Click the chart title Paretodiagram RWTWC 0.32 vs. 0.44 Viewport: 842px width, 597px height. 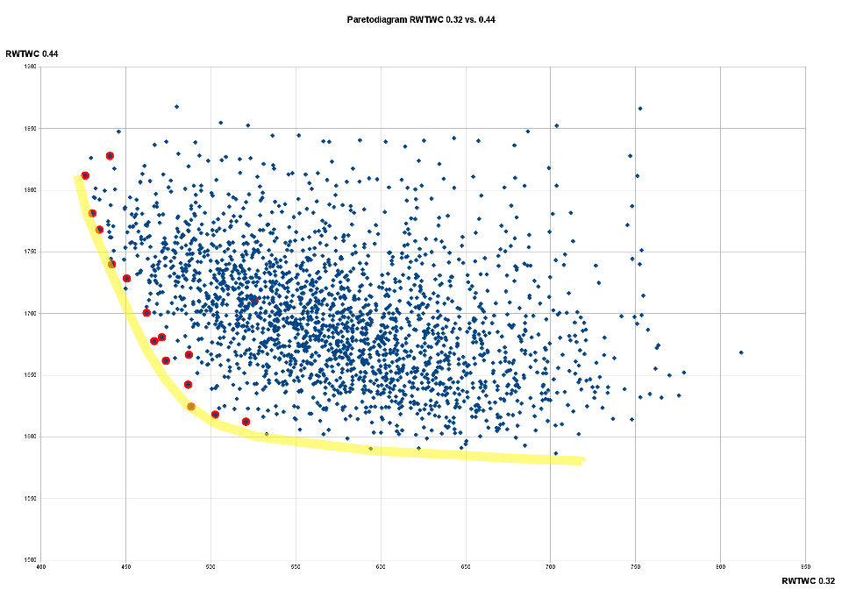420,18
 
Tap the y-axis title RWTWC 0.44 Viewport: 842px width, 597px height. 32,54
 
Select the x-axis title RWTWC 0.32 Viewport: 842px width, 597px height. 809,581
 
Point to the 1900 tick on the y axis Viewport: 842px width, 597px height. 31,67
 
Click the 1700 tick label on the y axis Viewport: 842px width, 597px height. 31,314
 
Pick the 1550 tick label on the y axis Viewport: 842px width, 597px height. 31,499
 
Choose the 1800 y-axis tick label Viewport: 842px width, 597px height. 31,190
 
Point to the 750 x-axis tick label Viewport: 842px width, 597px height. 635,567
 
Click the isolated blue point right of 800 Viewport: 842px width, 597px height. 741,352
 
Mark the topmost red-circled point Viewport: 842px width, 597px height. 111,156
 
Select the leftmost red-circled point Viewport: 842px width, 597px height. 85,175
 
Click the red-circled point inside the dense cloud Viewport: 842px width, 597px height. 253,300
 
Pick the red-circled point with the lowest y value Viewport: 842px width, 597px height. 246,422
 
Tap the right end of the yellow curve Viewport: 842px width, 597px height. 582,460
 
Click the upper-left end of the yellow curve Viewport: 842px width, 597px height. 76,178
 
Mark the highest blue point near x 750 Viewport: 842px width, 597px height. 640,109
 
